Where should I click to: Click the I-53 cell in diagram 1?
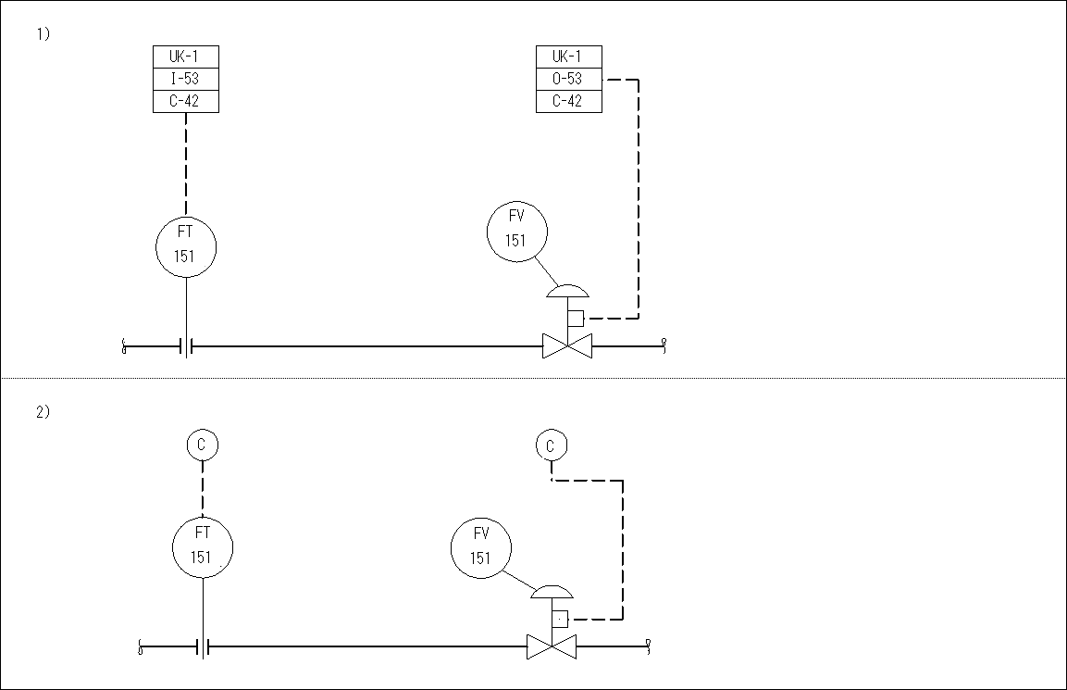pyautogui.click(x=185, y=79)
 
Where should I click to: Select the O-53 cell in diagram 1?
pyautogui.click(x=568, y=79)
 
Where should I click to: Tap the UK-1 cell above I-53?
pyautogui.click(x=185, y=56)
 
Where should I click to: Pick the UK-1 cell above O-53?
pyautogui.click(x=568, y=56)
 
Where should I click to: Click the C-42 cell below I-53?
pyautogui.click(x=185, y=101)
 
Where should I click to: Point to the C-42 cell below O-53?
pyautogui.click(x=568, y=101)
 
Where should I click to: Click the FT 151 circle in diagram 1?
pyautogui.click(x=186, y=245)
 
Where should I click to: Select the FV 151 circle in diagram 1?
pyautogui.click(x=516, y=230)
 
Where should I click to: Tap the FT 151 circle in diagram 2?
pyautogui.click(x=203, y=546)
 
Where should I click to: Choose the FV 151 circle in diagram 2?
pyautogui.click(x=481, y=546)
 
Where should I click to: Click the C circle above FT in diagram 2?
pyautogui.click(x=202, y=445)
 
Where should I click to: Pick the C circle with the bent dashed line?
pyautogui.click(x=551, y=445)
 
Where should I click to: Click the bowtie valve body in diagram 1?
pyautogui.click(x=567, y=347)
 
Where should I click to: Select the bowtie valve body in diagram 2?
pyautogui.click(x=552, y=646)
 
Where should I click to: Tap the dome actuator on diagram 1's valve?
pyautogui.click(x=567, y=291)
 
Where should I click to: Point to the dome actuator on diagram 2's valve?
pyautogui.click(x=552, y=592)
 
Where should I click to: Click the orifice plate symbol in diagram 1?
pyautogui.click(x=187, y=347)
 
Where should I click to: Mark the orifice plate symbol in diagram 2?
pyautogui.click(x=203, y=646)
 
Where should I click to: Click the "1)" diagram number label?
pyautogui.click(x=43, y=34)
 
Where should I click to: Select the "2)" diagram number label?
pyautogui.click(x=43, y=412)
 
